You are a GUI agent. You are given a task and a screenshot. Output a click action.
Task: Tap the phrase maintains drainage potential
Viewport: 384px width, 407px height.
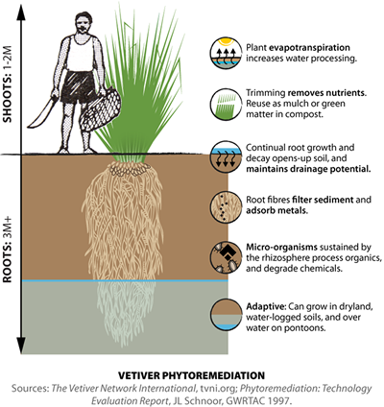307,169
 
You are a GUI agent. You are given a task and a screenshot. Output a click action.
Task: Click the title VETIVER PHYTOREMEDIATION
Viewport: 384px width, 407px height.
191,366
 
